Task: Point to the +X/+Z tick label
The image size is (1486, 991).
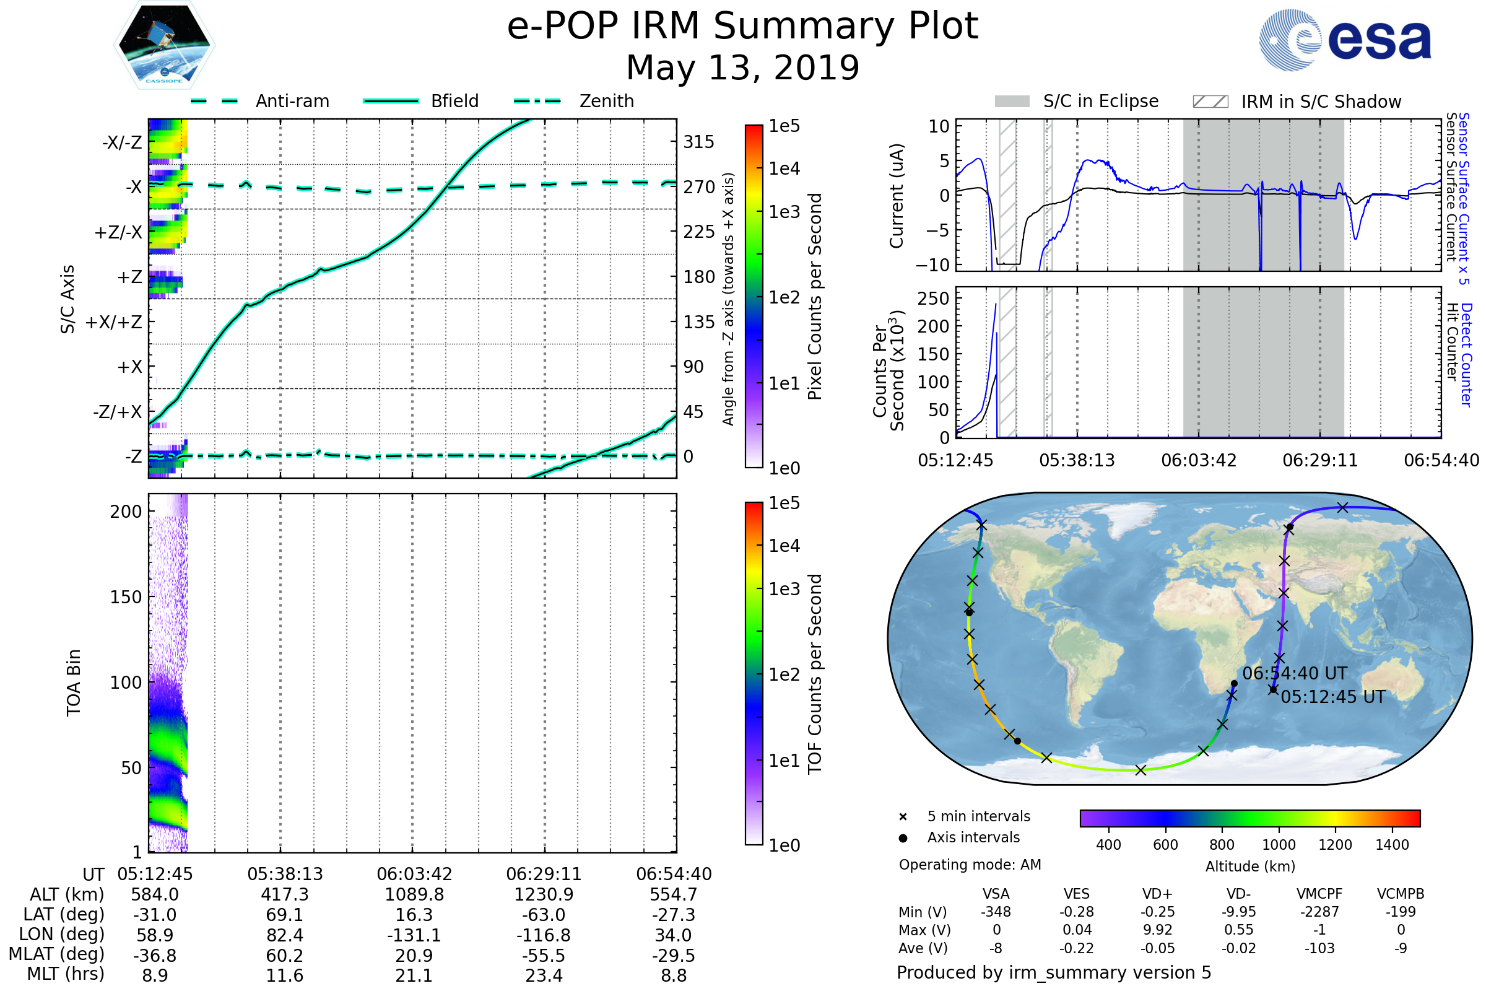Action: (x=114, y=322)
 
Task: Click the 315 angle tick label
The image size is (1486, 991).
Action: (x=698, y=142)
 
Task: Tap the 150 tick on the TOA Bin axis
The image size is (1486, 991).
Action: (x=126, y=596)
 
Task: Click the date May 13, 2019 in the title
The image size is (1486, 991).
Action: (x=742, y=68)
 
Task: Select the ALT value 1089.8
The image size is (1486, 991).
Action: (x=414, y=894)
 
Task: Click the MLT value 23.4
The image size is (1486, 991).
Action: (x=544, y=975)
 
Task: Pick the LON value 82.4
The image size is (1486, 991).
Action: (x=284, y=935)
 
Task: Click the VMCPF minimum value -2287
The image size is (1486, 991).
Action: (x=1319, y=911)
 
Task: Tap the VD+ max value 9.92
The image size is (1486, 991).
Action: (x=1157, y=930)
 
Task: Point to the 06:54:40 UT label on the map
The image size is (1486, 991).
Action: (x=1295, y=674)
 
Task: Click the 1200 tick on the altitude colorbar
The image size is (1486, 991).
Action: (x=1335, y=845)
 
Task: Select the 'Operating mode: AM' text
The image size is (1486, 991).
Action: (x=970, y=865)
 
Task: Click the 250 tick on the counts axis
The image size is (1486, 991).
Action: (x=932, y=299)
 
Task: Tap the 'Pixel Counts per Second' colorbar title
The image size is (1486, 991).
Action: (x=815, y=296)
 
